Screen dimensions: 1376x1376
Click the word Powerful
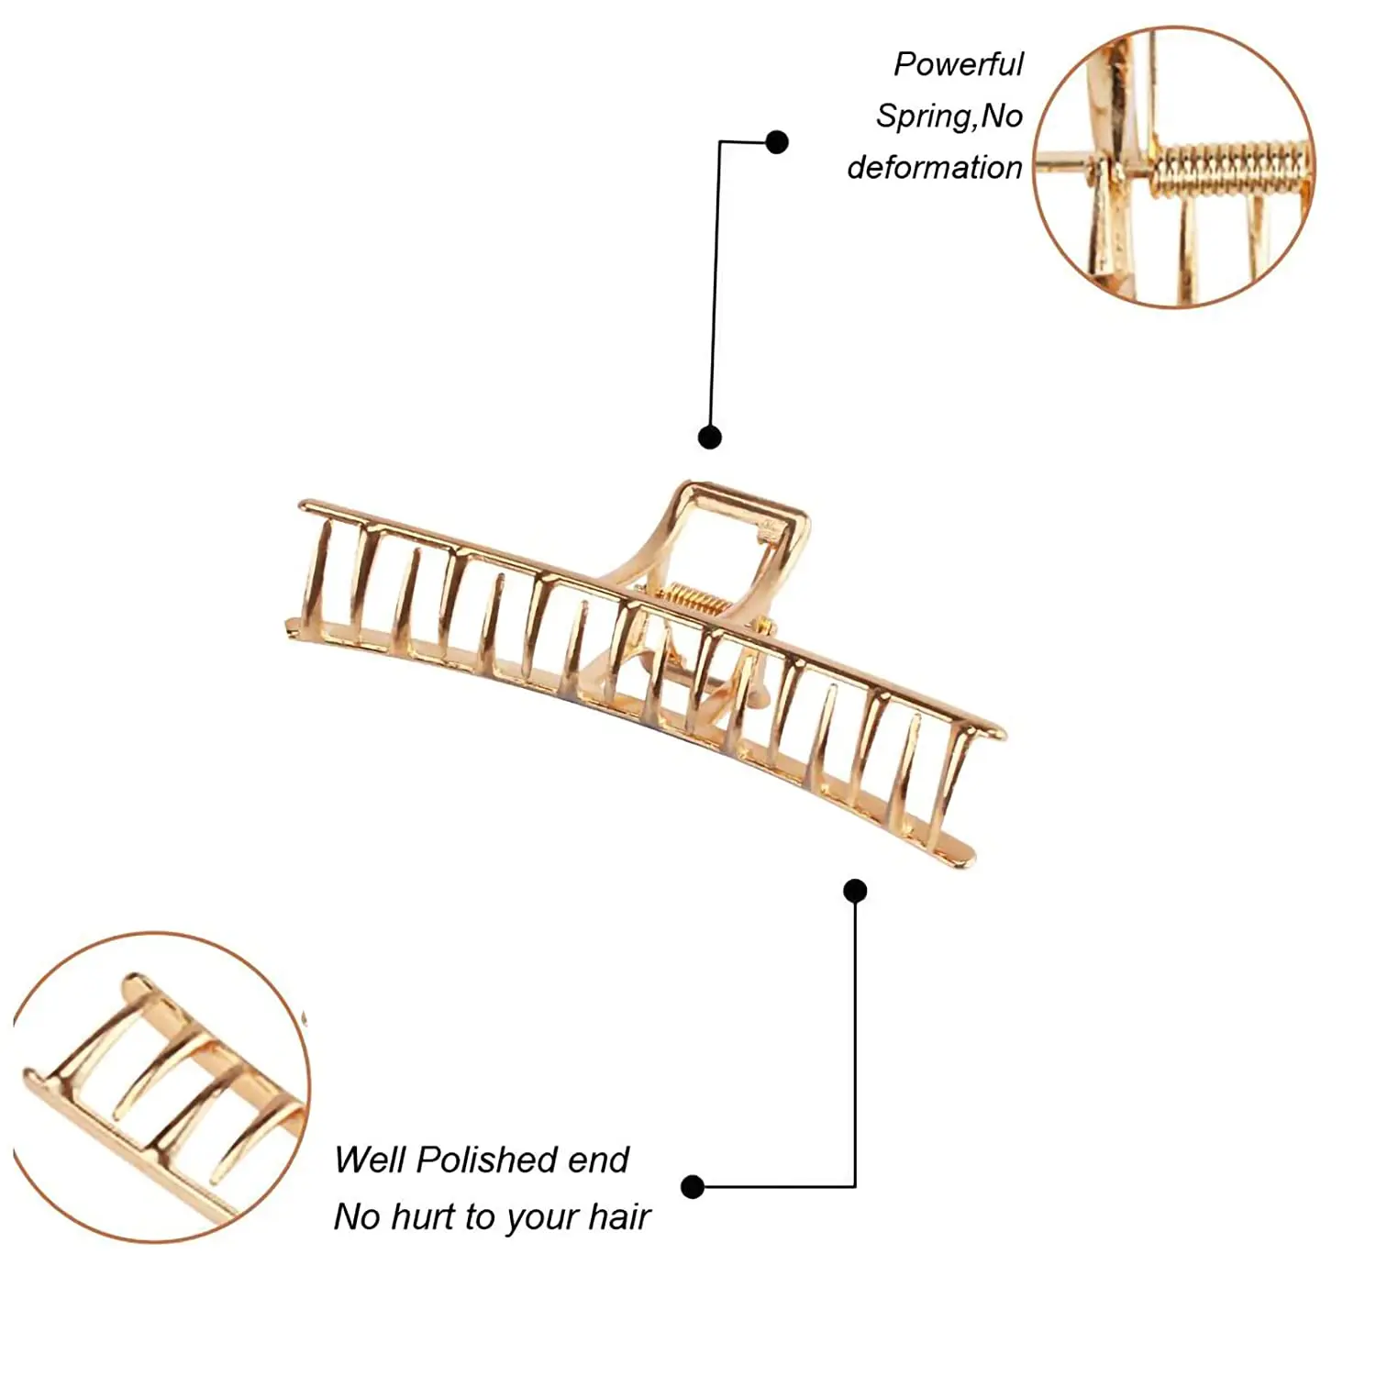(x=958, y=65)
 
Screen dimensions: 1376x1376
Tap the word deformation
(x=934, y=168)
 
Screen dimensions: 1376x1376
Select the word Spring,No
(x=949, y=117)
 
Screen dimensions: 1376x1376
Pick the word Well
(x=371, y=1160)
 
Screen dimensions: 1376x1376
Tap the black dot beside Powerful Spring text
(x=777, y=142)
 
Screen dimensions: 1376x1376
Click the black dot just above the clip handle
(x=709, y=437)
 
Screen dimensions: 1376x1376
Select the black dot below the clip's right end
(x=855, y=891)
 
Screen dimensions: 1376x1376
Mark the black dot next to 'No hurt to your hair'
(x=693, y=1187)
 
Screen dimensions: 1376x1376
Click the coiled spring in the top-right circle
(x=1229, y=167)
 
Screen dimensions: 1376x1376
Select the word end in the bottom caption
(x=598, y=1160)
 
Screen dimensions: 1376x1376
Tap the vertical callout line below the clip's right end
(x=855, y=1037)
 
